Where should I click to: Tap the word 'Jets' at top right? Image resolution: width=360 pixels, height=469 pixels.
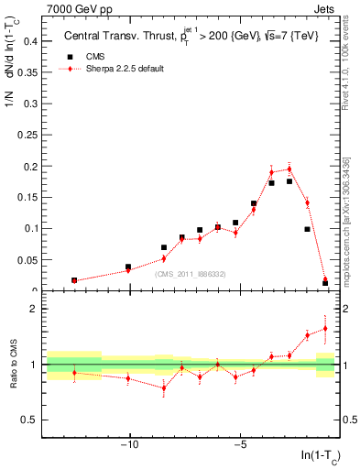click(328, 8)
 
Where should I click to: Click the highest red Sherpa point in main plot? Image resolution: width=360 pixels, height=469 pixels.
click(289, 169)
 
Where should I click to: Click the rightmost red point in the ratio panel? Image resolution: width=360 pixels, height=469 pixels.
click(325, 328)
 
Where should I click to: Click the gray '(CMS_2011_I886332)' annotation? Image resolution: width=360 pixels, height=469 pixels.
click(191, 274)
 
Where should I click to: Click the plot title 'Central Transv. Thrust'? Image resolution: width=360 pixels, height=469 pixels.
click(116, 38)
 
